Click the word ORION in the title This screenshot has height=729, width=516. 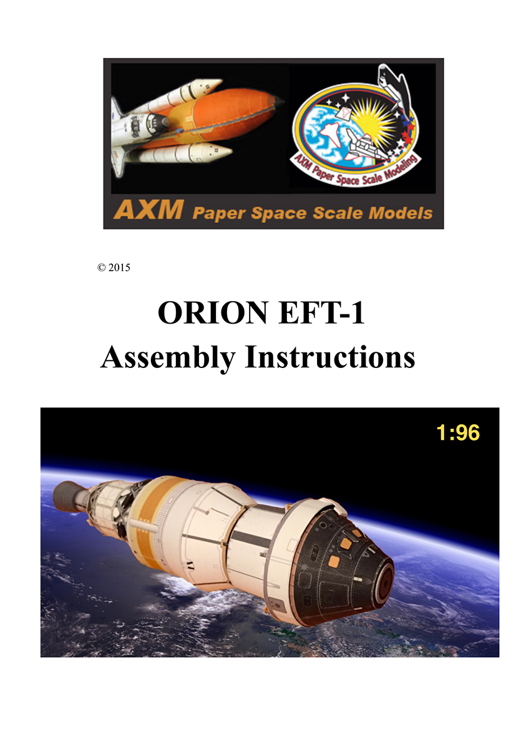[213, 312]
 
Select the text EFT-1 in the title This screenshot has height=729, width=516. [321, 312]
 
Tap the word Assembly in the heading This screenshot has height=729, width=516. [168, 358]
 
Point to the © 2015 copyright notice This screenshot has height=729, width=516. [114, 268]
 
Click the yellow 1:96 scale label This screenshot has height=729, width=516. [458, 432]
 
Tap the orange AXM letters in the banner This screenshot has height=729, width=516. [148, 210]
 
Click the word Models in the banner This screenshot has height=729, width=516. [401, 213]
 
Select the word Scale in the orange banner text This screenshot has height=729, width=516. [338, 213]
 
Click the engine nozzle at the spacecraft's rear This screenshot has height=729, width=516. [64, 496]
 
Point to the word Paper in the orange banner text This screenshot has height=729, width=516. [218, 213]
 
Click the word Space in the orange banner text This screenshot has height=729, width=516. [279, 213]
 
